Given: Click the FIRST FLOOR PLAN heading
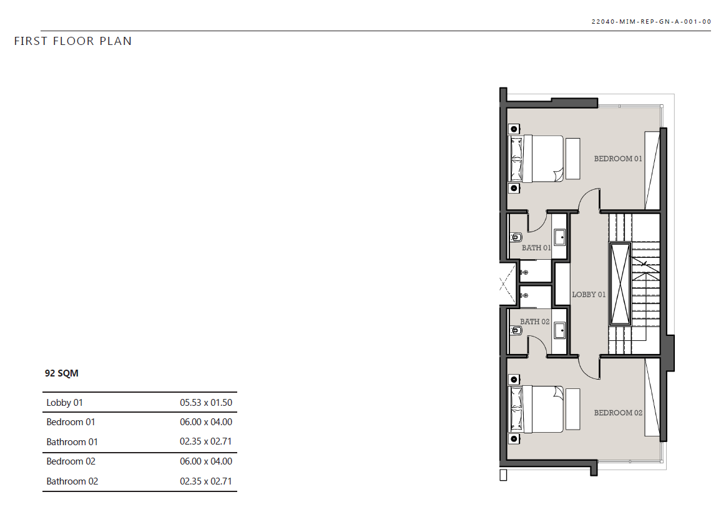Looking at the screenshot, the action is (x=72, y=41).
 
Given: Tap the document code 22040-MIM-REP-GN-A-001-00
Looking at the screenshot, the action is (x=651, y=22).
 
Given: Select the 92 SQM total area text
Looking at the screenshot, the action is (x=62, y=373).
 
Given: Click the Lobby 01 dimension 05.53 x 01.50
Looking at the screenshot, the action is (x=206, y=402).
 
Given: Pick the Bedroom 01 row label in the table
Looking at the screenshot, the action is (x=71, y=422).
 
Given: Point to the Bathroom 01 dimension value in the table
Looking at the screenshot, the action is (x=205, y=441).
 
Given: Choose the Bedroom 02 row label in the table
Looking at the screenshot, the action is (x=71, y=461).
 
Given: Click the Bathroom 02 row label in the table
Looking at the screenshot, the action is (x=72, y=481).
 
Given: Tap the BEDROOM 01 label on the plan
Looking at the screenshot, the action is (x=618, y=159).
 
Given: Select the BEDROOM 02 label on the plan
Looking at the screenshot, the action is (x=618, y=413).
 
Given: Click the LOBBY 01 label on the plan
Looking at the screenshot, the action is (x=589, y=295).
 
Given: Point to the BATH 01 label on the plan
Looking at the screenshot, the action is (x=536, y=248).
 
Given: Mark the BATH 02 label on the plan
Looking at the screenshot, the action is (x=535, y=322).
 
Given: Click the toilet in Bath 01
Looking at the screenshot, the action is (x=516, y=237).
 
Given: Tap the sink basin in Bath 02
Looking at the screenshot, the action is (x=559, y=330).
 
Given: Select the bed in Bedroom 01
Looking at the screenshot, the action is (x=537, y=159).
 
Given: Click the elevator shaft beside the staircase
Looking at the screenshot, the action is (x=620, y=284).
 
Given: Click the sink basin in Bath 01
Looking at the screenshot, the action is (x=559, y=237).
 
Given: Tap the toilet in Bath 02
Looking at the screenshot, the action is (x=516, y=330).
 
